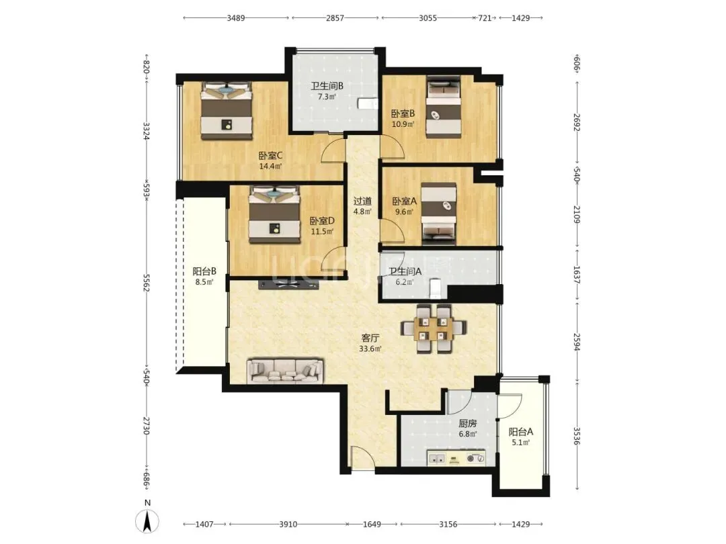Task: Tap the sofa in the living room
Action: [x=285, y=371]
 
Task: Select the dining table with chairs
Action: [x=434, y=328]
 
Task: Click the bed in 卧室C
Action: [x=227, y=111]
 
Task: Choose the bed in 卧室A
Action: [x=439, y=214]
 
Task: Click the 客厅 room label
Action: [x=370, y=338]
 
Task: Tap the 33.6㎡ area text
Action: [x=370, y=349]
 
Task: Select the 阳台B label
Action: [x=204, y=271]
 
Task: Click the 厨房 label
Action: [x=468, y=423]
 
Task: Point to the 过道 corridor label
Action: [x=362, y=201]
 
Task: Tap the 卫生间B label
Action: [x=327, y=86]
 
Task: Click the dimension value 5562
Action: [x=147, y=283]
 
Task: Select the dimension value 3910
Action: [x=288, y=524]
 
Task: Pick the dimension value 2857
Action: [x=335, y=18]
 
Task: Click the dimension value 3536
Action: [x=577, y=436]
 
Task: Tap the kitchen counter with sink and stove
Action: [x=456, y=457]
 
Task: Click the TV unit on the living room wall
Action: [x=288, y=285]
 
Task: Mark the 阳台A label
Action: [x=521, y=432]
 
